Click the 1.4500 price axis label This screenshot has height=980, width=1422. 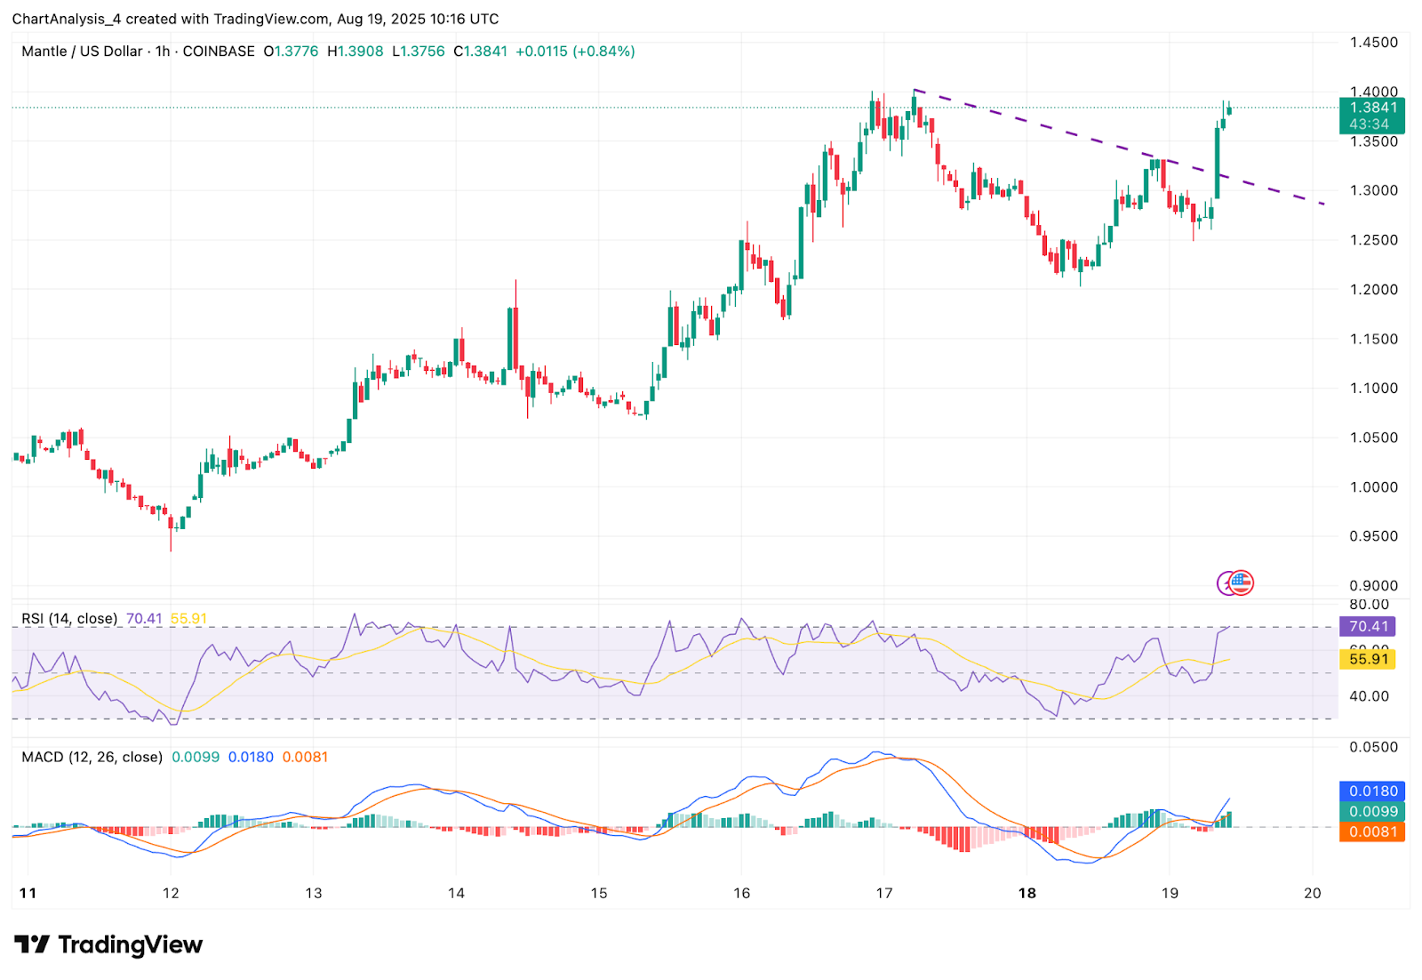(x=1373, y=43)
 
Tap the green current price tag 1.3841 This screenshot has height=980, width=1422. (x=1372, y=108)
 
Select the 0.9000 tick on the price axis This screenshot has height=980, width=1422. (x=1373, y=586)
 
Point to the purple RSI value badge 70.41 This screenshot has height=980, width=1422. (x=1368, y=627)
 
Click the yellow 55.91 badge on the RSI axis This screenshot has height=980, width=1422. (x=1368, y=659)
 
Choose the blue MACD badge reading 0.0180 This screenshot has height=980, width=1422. (x=1372, y=791)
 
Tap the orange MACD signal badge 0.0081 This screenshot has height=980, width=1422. (x=1372, y=832)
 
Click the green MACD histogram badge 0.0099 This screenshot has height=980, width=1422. (x=1372, y=811)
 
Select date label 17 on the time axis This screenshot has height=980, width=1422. (x=883, y=893)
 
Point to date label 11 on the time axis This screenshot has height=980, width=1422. (x=28, y=893)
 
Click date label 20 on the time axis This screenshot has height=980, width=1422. (x=1313, y=893)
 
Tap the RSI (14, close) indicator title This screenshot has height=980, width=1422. (x=69, y=619)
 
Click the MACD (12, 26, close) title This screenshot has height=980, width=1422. (x=92, y=758)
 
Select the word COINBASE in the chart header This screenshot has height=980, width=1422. (x=219, y=52)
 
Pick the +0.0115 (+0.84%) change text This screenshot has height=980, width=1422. (x=575, y=52)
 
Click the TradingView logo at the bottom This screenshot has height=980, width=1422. (x=108, y=944)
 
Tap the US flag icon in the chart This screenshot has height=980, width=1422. (x=1241, y=583)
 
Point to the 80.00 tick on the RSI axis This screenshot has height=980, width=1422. (x=1369, y=605)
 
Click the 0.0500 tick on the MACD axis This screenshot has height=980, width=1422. (x=1373, y=747)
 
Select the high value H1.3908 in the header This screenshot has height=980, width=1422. (x=355, y=52)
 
